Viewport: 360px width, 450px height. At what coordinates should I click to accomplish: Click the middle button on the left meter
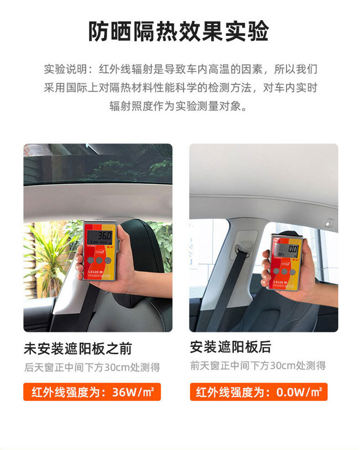(98, 260)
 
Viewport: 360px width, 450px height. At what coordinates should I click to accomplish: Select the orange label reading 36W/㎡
(92, 392)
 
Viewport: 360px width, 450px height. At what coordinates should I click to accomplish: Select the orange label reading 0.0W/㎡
(258, 392)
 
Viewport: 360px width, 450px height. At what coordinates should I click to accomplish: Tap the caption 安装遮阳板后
(231, 347)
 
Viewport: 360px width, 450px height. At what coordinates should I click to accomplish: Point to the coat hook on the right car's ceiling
(329, 223)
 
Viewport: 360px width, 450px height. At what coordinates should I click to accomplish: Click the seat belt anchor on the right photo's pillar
(243, 245)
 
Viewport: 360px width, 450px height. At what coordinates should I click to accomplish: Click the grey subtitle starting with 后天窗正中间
(92, 367)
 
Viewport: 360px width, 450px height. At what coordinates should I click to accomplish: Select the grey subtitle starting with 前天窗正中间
(258, 365)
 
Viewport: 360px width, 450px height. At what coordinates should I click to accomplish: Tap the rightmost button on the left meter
(108, 260)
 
